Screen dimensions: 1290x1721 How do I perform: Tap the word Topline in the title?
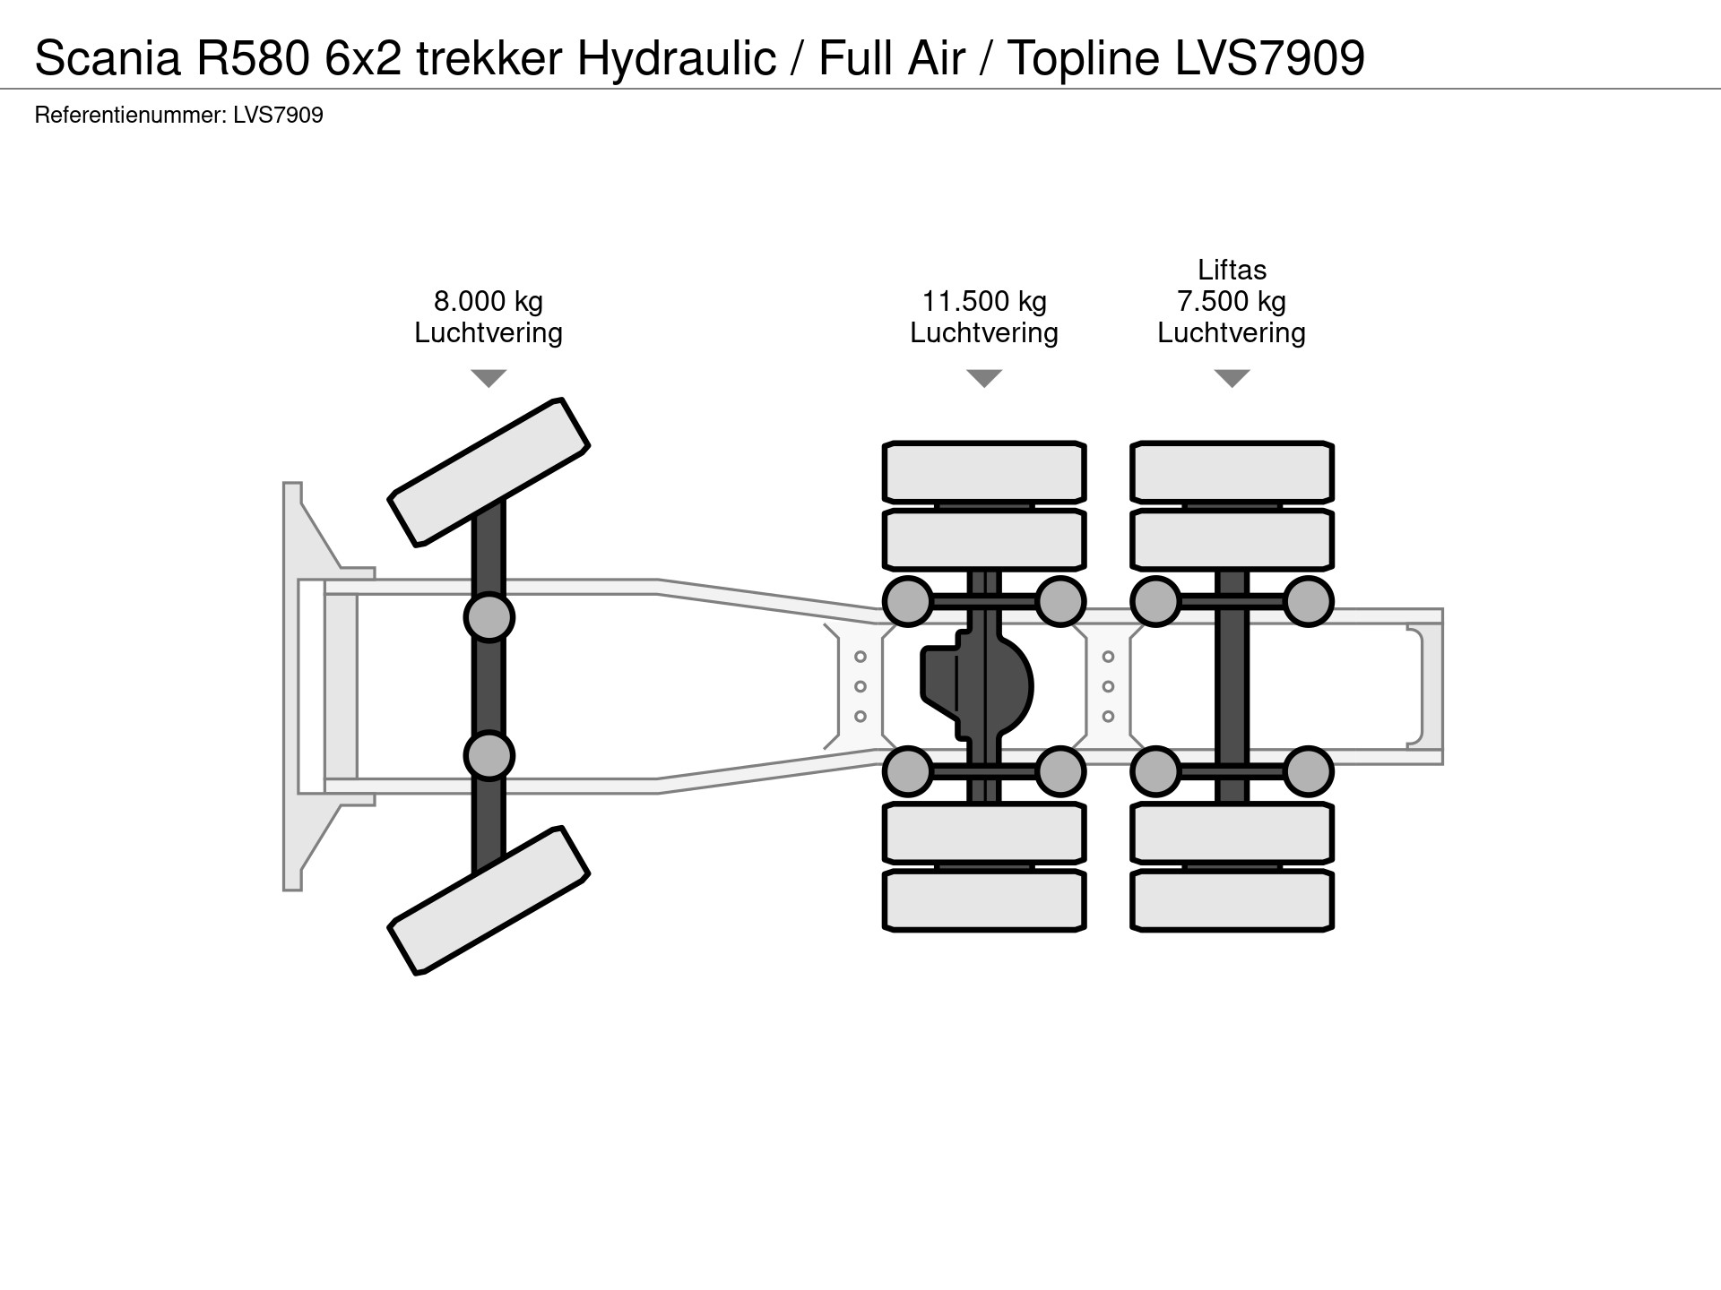1084,59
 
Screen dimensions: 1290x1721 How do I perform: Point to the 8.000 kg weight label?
489,302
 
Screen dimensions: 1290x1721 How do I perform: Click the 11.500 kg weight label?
984,302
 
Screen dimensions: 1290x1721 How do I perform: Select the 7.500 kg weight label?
1232,302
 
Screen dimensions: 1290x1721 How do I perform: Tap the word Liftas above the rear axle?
1232,270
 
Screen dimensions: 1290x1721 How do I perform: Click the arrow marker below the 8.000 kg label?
489,378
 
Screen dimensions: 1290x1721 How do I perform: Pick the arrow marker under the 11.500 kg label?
984,378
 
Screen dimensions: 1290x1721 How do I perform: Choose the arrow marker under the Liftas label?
1232,378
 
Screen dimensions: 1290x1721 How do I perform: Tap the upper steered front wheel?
489,471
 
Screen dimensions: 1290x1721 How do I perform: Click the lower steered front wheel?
489,900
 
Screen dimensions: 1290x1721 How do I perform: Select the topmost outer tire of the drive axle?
984,472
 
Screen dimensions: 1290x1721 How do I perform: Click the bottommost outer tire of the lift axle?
1232,900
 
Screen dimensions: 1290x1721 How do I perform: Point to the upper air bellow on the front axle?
489,617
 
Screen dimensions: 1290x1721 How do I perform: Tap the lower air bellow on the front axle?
489,755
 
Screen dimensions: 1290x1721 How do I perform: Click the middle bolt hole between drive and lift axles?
1108,687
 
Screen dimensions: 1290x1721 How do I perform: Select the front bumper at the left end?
293,686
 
